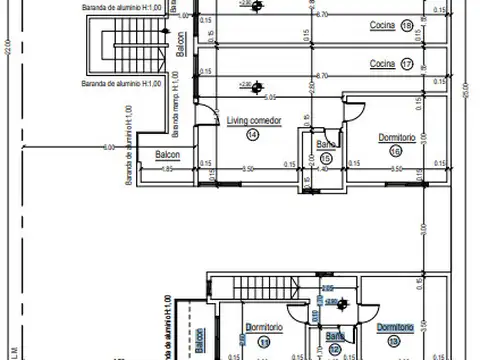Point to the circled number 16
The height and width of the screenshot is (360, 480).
[x=396, y=150]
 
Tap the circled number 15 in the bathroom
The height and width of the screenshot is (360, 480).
[x=326, y=157]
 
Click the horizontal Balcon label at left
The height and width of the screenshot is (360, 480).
[x=168, y=154]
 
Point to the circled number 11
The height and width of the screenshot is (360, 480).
[x=264, y=342]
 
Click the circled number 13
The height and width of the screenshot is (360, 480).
[x=393, y=342]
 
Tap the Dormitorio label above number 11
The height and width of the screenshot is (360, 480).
[x=263, y=327]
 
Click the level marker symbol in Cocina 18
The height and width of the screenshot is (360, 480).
[x=258, y=8]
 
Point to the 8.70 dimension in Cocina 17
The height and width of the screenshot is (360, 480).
[x=322, y=76]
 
